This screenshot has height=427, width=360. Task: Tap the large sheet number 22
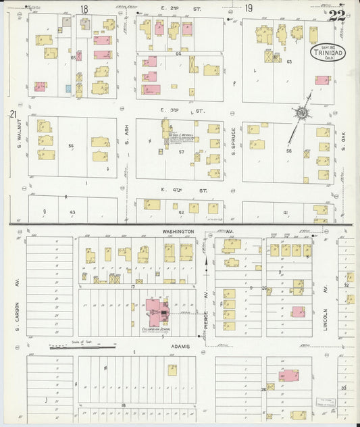pyautogui.click(x=338, y=16)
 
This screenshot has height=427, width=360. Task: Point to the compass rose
pyautogui.click(x=301, y=114)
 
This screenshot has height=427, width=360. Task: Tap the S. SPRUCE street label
pyautogui.click(x=232, y=141)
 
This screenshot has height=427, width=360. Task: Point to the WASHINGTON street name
pyautogui.click(x=178, y=231)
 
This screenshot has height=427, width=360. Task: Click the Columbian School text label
pyautogui.click(x=155, y=330)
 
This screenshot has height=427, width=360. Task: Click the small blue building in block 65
pyautogui.click(x=68, y=88)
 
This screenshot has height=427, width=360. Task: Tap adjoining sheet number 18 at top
pyautogui.click(x=84, y=9)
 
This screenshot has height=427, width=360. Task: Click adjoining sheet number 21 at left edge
pyautogui.click(x=12, y=116)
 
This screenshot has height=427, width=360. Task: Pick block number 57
pyautogui.click(x=181, y=152)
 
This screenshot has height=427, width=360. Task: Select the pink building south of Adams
pyautogui.click(x=289, y=375)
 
